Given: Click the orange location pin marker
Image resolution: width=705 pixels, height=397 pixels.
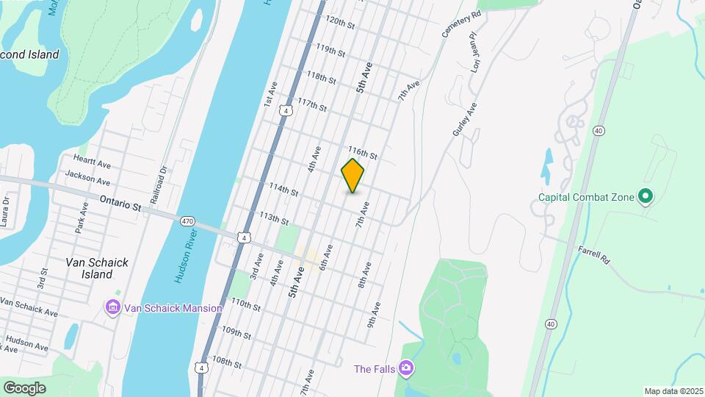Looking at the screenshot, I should [x=352, y=176].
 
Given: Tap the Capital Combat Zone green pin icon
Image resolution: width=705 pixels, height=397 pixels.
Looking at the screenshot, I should [x=646, y=196].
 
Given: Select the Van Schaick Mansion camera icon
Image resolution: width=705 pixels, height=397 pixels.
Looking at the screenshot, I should [x=112, y=306].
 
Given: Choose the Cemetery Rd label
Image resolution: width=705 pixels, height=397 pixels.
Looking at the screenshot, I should [x=461, y=24].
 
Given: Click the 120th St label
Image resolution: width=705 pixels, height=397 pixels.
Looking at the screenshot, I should [x=340, y=22].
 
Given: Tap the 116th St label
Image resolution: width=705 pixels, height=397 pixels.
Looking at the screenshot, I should [x=362, y=153].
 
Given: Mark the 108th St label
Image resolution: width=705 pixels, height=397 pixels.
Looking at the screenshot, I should [x=227, y=362].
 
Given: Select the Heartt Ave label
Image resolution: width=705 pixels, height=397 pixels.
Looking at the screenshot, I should [x=92, y=160].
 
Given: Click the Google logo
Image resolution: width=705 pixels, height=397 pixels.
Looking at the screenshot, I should [x=24, y=387].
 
